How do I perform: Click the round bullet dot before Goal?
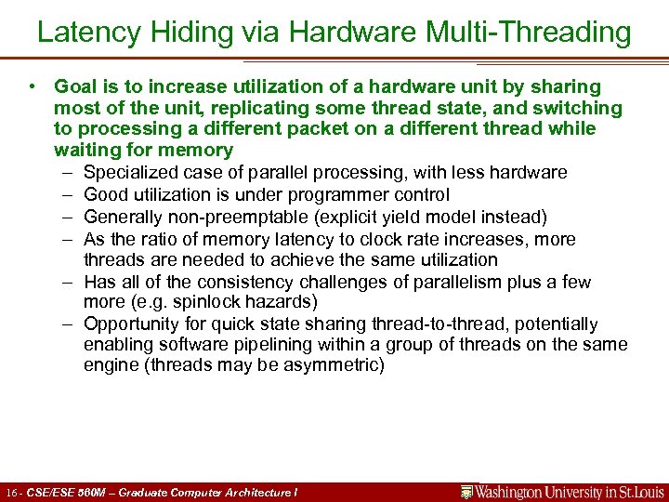[x=33, y=86]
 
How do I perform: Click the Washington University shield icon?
[x=467, y=492]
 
